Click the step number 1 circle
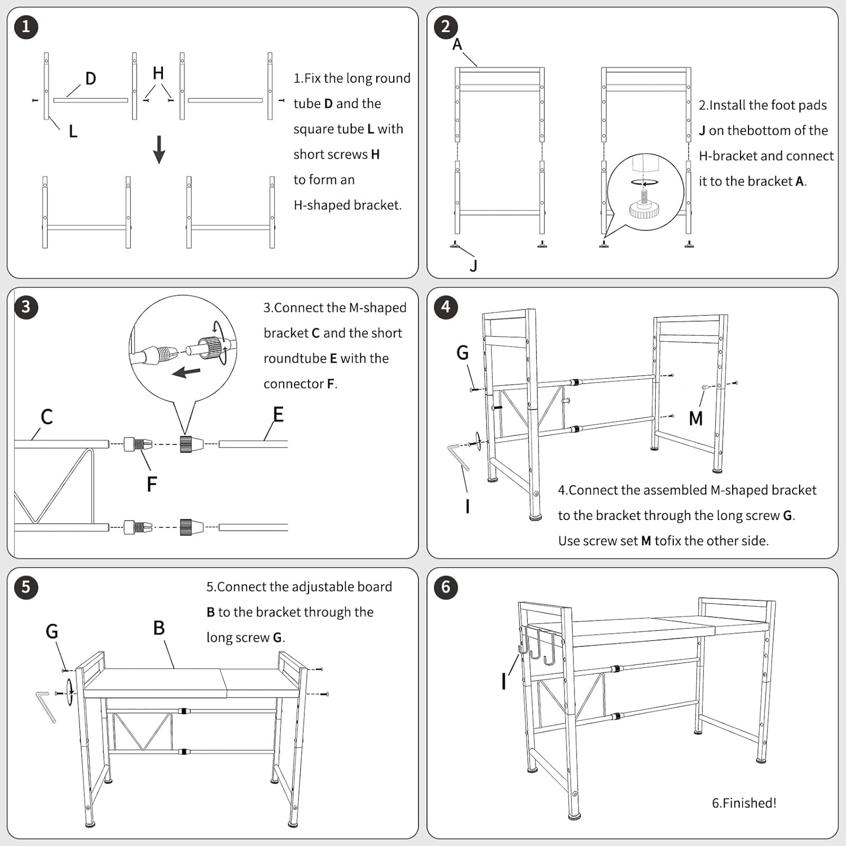coord(26,27)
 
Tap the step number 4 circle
coord(446,307)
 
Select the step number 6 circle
coord(446,587)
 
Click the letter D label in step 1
coord(90,78)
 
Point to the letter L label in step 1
coord(73,131)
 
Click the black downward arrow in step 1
coord(160,149)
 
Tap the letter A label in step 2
coord(457,44)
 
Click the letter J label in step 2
coord(473,266)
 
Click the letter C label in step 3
coord(47,417)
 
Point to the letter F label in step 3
coord(151,484)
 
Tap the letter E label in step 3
coord(278,415)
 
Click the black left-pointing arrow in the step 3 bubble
coord(186,372)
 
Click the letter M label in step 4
coord(696,418)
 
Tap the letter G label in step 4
coord(462,352)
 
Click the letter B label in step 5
coord(159,628)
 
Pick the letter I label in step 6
coord(504,682)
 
